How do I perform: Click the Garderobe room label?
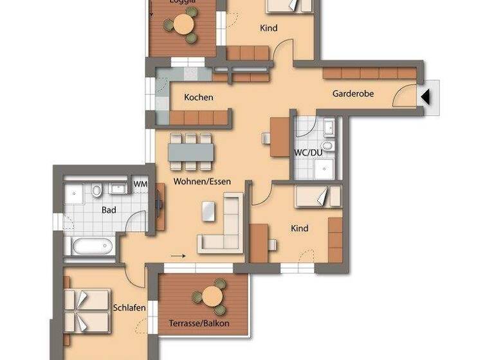click(353, 94)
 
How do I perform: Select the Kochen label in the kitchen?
click(198, 98)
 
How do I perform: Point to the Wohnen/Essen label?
click(202, 181)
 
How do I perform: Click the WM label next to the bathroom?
click(140, 185)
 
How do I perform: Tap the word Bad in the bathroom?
click(109, 210)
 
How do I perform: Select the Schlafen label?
click(129, 308)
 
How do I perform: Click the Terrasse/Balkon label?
click(199, 323)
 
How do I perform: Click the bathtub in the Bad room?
click(90, 246)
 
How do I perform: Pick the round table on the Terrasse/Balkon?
click(211, 296)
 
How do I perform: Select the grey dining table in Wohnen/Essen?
click(191, 150)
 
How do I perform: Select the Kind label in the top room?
click(268, 28)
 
